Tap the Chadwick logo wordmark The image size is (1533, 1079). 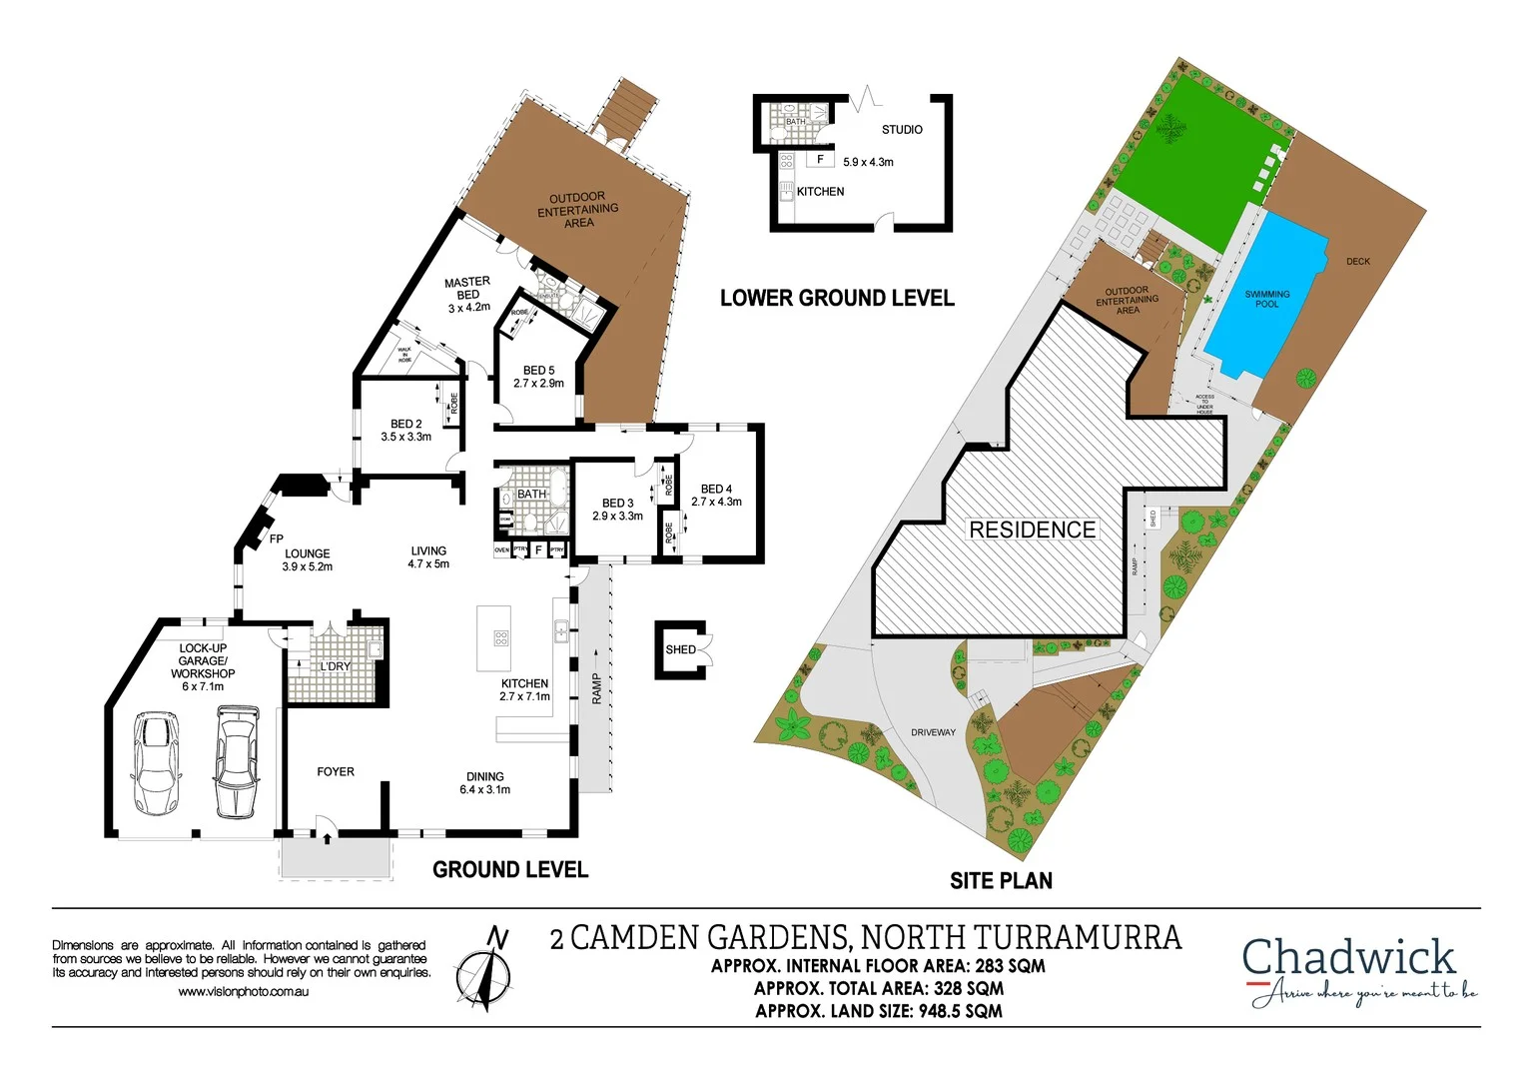click(x=1348, y=957)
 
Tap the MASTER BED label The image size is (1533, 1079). click(x=467, y=289)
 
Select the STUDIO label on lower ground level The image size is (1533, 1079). click(x=902, y=130)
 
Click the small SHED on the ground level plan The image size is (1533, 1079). click(x=681, y=650)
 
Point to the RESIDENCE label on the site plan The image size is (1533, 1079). click(x=1033, y=530)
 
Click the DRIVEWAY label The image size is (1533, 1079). click(x=933, y=732)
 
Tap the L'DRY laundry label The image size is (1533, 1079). click(x=336, y=666)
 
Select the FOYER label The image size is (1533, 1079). click(x=336, y=771)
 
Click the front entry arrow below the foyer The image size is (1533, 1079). click(x=327, y=837)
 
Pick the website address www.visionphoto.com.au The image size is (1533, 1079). click(x=243, y=992)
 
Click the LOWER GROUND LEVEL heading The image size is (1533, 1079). click(x=837, y=298)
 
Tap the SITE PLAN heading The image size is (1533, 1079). click(x=1001, y=880)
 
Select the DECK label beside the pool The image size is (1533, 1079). click(x=1358, y=262)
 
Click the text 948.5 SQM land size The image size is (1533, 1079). click(x=960, y=1011)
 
